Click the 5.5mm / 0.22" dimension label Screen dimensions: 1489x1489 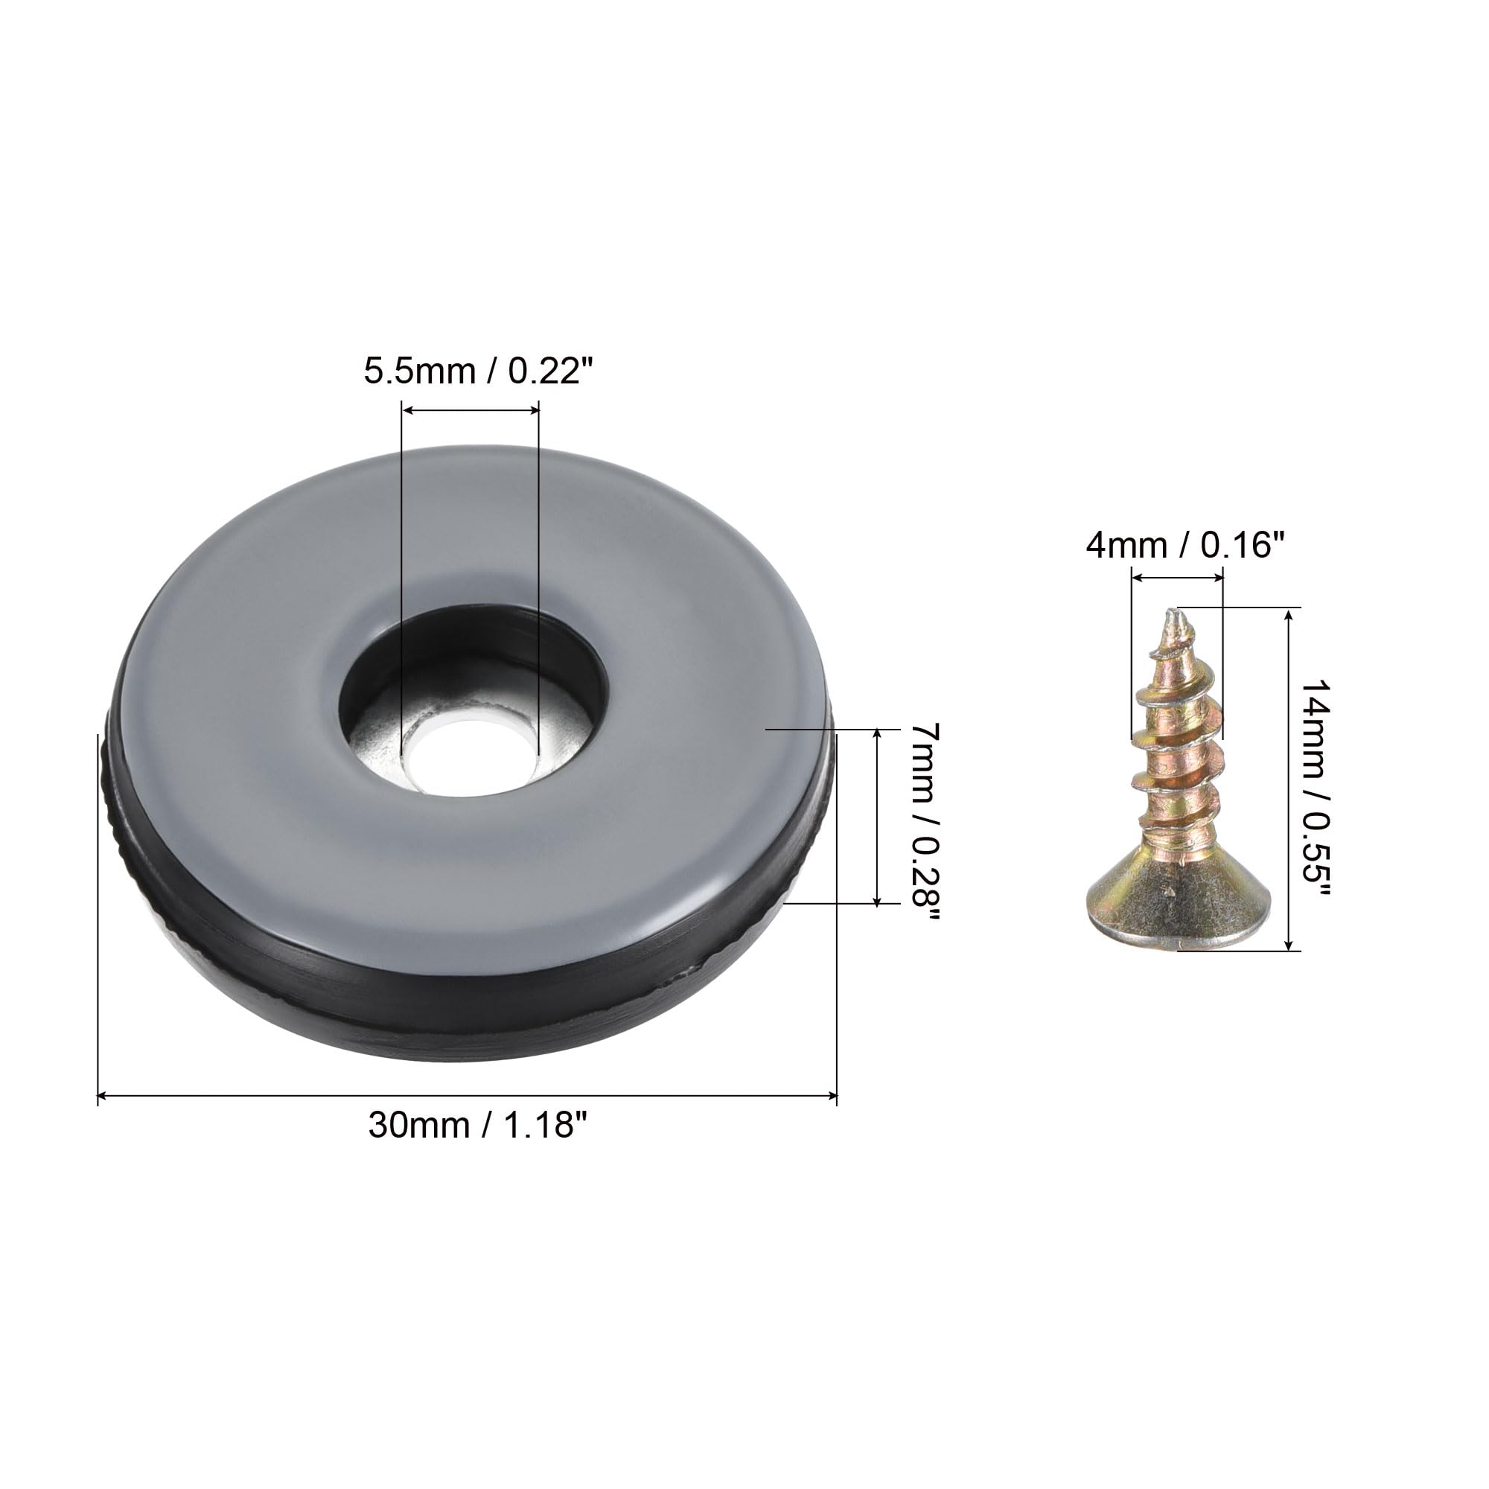[479, 372]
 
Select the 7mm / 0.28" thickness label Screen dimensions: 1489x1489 [924, 817]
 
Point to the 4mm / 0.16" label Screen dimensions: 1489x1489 [1185, 546]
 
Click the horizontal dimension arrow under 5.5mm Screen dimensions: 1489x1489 [470, 412]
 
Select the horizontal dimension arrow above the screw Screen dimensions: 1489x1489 [1177, 576]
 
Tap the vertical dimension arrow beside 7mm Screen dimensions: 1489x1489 [877, 817]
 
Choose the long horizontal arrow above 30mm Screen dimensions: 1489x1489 [467, 1094]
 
